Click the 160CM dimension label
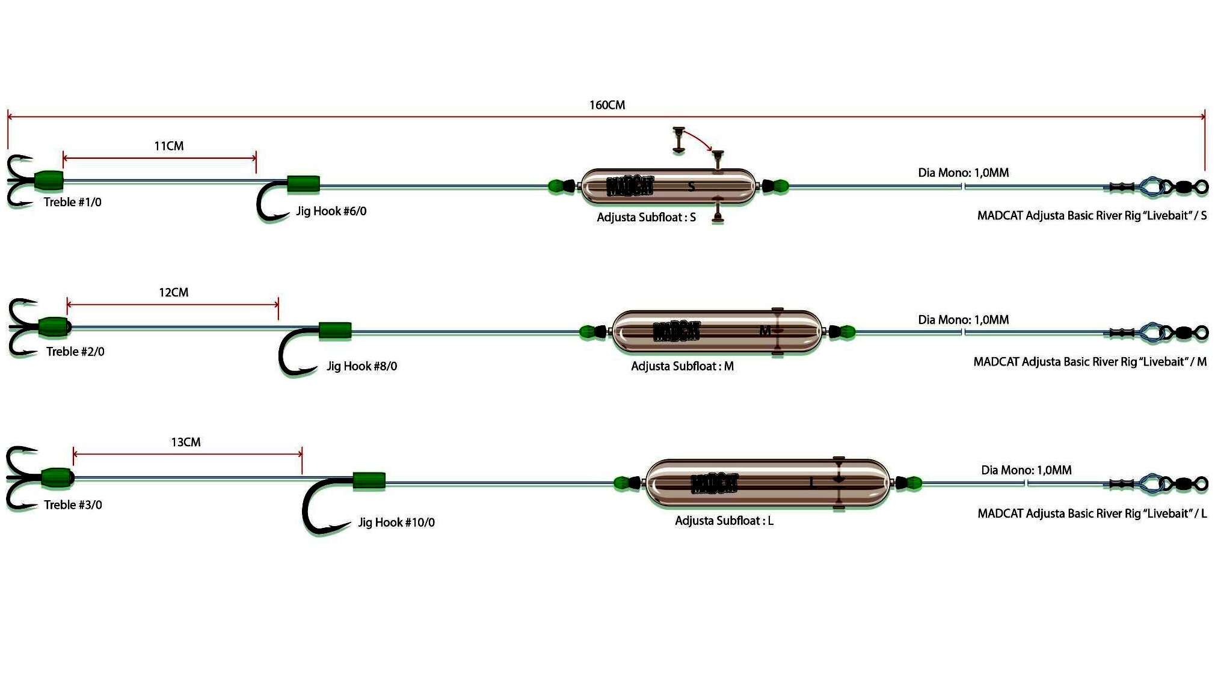pyautogui.click(x=607, y=105)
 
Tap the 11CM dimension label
pyautogui.click(x=169, y=146)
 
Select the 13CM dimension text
pyautogui.click(x=185, y=443)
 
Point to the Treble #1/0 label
pyautogui.click(x=72, y=203)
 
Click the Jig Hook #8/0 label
pyautogui.click(x=361, y=366)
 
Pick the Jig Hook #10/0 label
pyautogui.click(x=396, y=522)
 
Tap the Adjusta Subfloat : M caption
pyautogui.click(x=682, y=366)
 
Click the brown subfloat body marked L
pyautogui.click(x=767, y=483)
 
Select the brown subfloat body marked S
pyautogui.click(x=668, y=186)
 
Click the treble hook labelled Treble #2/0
pyautogui.click(x=21, y=328)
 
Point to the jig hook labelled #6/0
pyautogui.click(x=271, y=201)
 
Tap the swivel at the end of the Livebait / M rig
pyautogui.click(x=1185, y=332)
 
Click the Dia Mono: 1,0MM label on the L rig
pyautogui.click(x=1026, y=470)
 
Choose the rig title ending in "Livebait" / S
pyautogui.click(x=1092, y=216)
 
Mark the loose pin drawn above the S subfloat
pyautogui.click(x=678, y=139)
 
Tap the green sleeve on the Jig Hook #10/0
pyautogui.click(x=369, y=481)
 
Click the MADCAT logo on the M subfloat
pyautogui.click(x=676, y=331)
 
